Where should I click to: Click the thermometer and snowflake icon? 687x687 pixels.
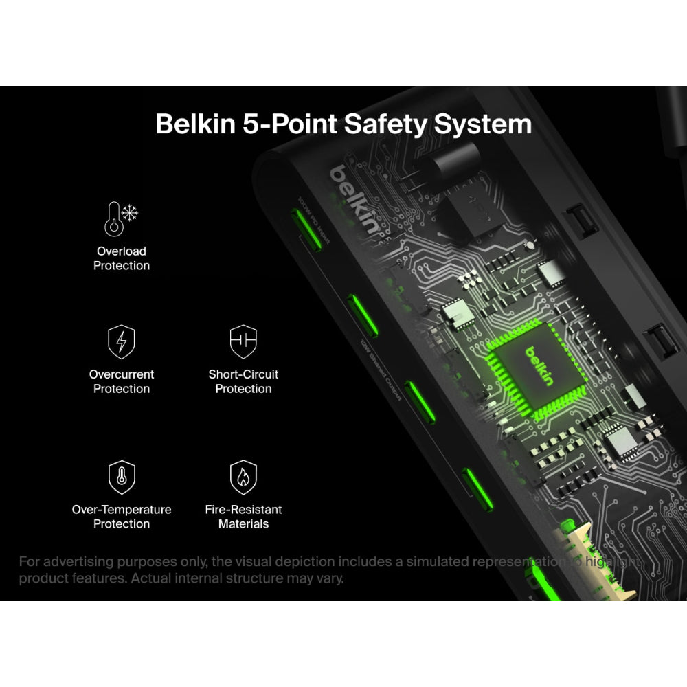point(121,218)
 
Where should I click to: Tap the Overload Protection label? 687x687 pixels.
point(122,258)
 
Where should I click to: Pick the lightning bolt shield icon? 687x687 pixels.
point(122,341)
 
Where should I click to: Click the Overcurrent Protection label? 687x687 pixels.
point(122,381)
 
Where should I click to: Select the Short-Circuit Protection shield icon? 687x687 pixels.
point(243,341)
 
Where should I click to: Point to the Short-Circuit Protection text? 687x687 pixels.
point(243,381)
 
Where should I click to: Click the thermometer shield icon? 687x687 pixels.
point(122,477)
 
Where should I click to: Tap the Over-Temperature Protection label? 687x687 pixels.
point(122,517)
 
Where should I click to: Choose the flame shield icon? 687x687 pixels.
point(243,477)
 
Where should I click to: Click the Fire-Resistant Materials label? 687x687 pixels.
point(243,517)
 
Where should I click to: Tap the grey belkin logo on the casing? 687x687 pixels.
point(354,200)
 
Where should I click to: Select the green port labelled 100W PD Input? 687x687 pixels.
point(304,226)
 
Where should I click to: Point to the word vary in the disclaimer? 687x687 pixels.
point(328,578)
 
